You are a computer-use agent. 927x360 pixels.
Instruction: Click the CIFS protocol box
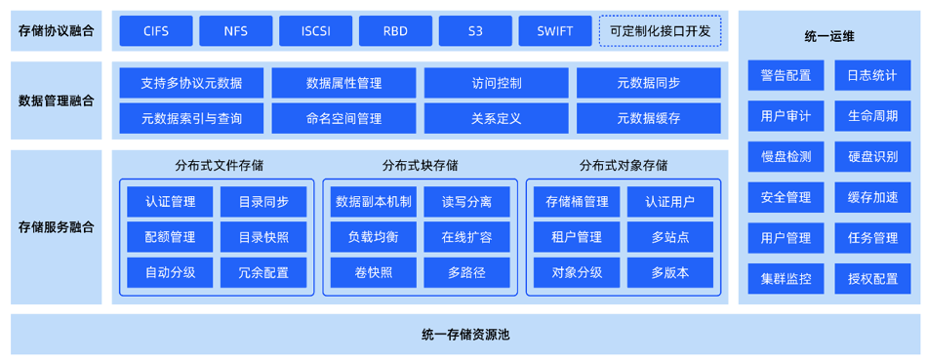click(155, 31)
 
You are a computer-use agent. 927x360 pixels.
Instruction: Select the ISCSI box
click(315, 31)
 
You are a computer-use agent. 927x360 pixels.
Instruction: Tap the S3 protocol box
click(475, 31)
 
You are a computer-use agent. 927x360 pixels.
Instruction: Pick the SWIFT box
click(555, 31)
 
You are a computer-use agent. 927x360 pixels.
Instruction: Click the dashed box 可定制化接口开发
click(660, 31)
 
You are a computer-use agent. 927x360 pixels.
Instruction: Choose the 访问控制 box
click(496, 83)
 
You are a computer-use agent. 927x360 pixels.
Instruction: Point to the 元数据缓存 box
click(648, 118)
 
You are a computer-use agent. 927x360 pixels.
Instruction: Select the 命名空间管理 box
click(343, 118)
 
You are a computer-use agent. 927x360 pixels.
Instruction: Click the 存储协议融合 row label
click(57, 31)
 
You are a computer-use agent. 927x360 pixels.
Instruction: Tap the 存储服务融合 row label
click(57, 226)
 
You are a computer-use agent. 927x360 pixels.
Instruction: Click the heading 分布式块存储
click(420, 165)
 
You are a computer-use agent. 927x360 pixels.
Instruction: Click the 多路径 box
click(466, 272)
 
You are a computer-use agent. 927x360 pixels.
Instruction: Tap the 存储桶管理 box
click(577, 202)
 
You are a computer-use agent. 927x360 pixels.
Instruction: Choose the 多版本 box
click(669, 272)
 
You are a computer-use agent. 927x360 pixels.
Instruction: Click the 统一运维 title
click(829, 36)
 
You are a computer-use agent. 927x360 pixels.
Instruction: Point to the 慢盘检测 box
click(786, 156)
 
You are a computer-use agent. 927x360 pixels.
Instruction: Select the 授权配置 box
click(872, 278)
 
